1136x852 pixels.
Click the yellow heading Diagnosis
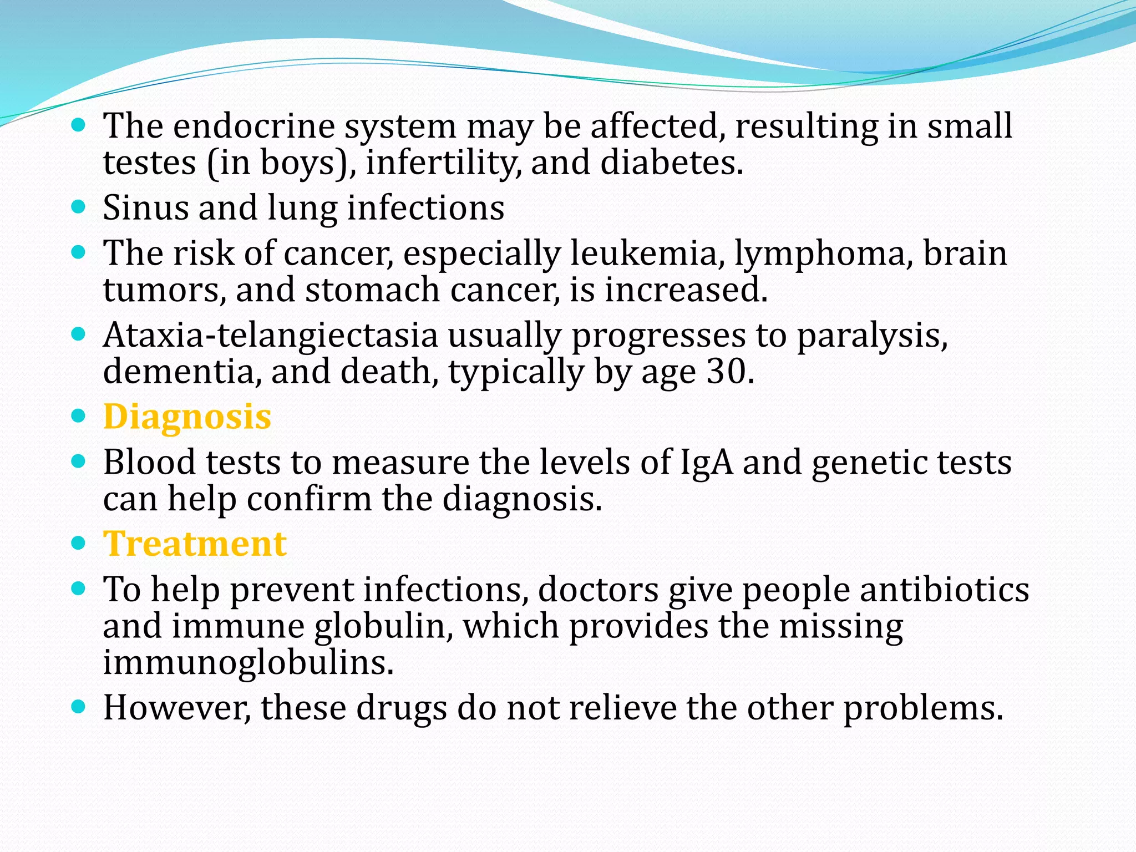click(187, 417)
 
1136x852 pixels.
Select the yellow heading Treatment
click(195, 544)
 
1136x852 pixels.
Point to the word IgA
click(706, 463)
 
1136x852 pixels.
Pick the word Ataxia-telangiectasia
click(271, 336)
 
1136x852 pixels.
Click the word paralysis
click(872, 336)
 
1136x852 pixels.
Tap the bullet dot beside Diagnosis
click(79, 416)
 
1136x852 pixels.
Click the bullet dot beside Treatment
click(79, 542)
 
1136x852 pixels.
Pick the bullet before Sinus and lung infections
click(79, 207)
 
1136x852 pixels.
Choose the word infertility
click(443, 163)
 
